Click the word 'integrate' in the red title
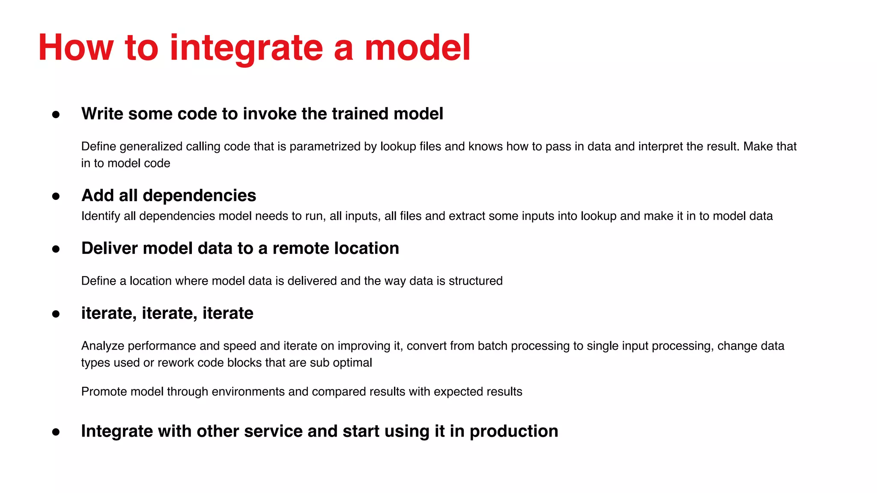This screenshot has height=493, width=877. click(246, 48)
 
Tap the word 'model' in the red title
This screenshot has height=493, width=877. click(418, 48)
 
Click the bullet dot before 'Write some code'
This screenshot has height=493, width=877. click(56, 114)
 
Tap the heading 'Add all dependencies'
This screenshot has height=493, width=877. click(169, 196)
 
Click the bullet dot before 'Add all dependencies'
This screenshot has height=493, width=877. click(56, 196)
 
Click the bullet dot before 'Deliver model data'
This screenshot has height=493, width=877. click(56, 249)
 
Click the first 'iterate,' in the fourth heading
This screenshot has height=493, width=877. click(109, 313)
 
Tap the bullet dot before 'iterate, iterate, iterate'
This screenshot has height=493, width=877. click(56, 314)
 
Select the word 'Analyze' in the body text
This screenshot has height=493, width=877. click(103, 346)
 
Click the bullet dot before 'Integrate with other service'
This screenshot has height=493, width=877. click(56, 432)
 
